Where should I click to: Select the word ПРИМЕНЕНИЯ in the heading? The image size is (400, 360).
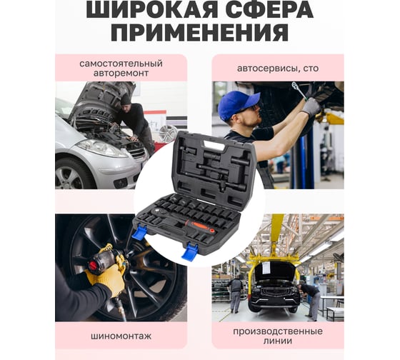click(200, 33)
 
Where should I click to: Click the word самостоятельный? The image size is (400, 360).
click(121, 64)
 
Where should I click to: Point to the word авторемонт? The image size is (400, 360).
click(121, 74)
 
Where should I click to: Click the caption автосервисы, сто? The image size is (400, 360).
click(278, 69)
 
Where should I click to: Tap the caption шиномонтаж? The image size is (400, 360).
click(121, 336)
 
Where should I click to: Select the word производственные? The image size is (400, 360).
click(278, 331)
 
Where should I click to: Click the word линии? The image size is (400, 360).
click(278, 341)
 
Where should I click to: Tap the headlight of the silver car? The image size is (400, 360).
click(101, 148)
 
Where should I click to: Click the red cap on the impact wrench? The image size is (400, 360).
click(93, 266)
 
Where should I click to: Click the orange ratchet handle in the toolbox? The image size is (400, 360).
click(199, 226)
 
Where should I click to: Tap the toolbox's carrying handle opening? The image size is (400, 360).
click(214, 146)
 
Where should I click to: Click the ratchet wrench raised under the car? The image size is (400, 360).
click(299, 89)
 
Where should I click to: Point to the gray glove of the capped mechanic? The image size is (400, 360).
click(311, 108)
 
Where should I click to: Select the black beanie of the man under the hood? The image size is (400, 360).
click(126, 100)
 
